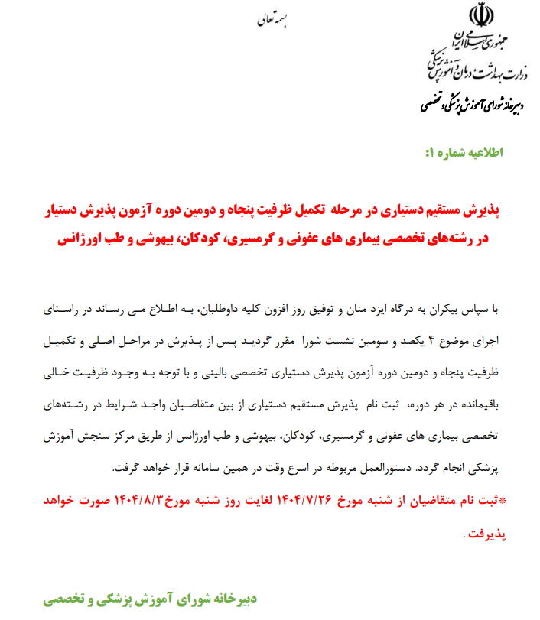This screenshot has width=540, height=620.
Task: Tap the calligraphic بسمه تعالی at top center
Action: click(270, 21)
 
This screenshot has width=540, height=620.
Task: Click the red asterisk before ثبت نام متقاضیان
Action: click(501, 500)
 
